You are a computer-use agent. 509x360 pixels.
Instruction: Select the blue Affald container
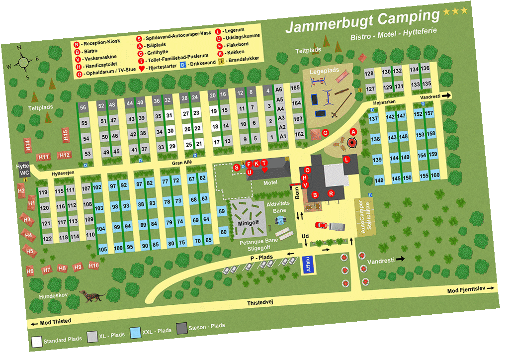(307, 264)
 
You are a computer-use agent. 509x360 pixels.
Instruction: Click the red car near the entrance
(322, 225)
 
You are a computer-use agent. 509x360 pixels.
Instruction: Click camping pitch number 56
(83, 107)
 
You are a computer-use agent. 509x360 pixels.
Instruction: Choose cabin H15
(65, 135)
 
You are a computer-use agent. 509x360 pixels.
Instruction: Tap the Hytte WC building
(23, 170)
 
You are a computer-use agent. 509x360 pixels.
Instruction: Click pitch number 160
(435, 176)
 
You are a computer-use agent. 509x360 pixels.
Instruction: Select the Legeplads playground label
(324, 72)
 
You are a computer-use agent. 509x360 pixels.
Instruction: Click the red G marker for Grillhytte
(326, 133)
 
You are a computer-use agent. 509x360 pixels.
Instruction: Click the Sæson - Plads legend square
(182, 328)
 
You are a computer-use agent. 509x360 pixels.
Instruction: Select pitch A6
(279, 90)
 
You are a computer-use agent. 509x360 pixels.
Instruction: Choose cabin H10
(93, 266)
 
